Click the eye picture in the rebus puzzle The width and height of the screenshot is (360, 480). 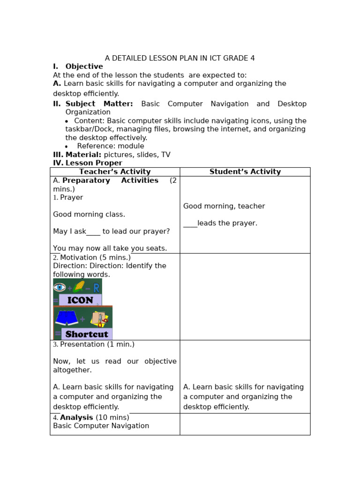coord(60,287)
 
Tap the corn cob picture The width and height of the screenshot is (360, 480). coord(79,286)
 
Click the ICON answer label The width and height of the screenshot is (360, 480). coord(80,300)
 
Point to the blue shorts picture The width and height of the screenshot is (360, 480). coord(67,318)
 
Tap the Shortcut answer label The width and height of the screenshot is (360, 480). coord(87,334)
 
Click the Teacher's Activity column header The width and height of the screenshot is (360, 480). coord(115,172)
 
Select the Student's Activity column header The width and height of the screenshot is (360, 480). coord(245,172)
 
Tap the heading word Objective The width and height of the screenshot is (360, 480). coord(84,67)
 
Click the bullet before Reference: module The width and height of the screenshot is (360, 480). coord(67,147)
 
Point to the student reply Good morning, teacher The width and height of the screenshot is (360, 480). coord(224,206)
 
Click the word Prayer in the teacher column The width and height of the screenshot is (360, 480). coord(71,197)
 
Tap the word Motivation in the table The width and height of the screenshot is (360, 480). coord(79,257)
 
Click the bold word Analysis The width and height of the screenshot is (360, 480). coord(76,417)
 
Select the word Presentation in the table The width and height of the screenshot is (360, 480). coord(82,344)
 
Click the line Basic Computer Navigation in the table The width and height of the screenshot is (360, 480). coord(101,426)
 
